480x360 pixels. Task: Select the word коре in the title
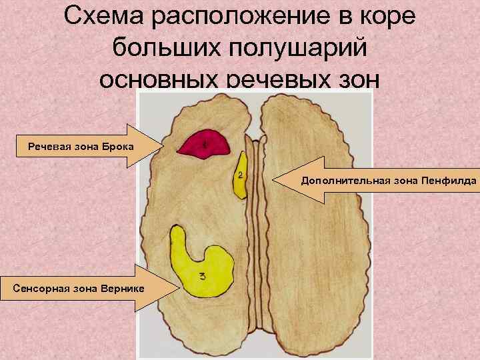[x=386, y=17]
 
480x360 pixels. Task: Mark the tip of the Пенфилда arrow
[x=275, y=179]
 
